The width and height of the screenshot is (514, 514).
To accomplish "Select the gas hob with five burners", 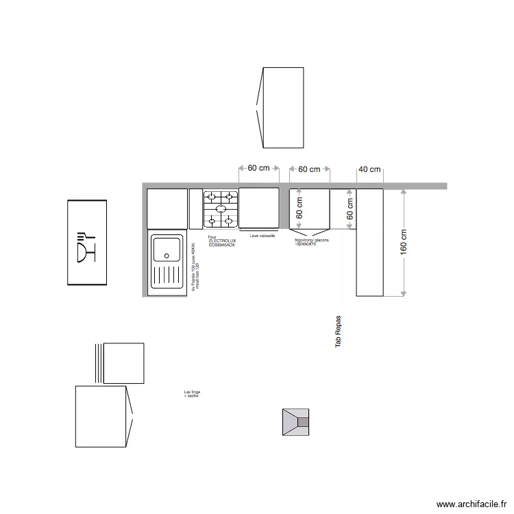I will [220, 208].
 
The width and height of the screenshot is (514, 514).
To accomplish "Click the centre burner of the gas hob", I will [220, 208].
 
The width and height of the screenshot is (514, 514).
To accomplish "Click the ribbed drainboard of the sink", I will [167, 278].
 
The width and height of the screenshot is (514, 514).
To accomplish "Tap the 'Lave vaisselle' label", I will [262, 235].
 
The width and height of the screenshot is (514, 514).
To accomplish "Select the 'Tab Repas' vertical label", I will [338, 332].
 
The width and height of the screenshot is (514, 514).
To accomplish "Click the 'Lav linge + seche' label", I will [192, 394].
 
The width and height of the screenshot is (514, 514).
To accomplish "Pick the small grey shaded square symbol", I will [295, 421].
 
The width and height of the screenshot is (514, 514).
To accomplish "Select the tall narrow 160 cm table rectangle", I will [369, 243].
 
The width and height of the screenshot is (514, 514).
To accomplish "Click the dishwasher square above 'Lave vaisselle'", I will [258, 208].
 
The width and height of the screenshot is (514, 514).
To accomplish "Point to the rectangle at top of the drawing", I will [282, 108].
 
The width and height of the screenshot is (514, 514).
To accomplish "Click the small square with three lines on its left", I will [123, 363].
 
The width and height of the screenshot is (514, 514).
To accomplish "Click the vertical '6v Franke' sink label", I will [194, 267].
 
